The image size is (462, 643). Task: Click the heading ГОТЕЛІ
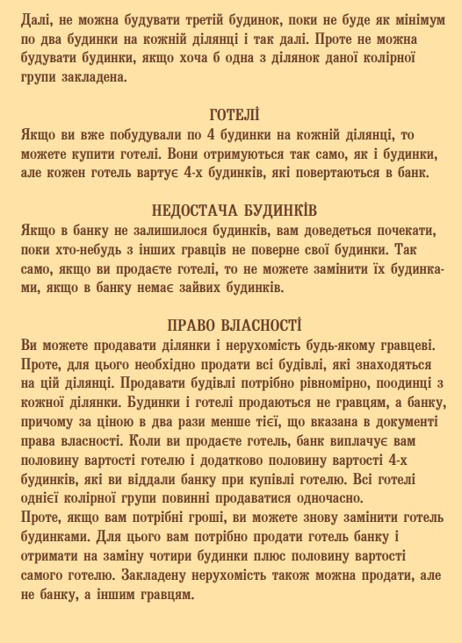[235, 114]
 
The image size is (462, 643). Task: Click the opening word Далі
[34, 18]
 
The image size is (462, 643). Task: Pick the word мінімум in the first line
[412, 18]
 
